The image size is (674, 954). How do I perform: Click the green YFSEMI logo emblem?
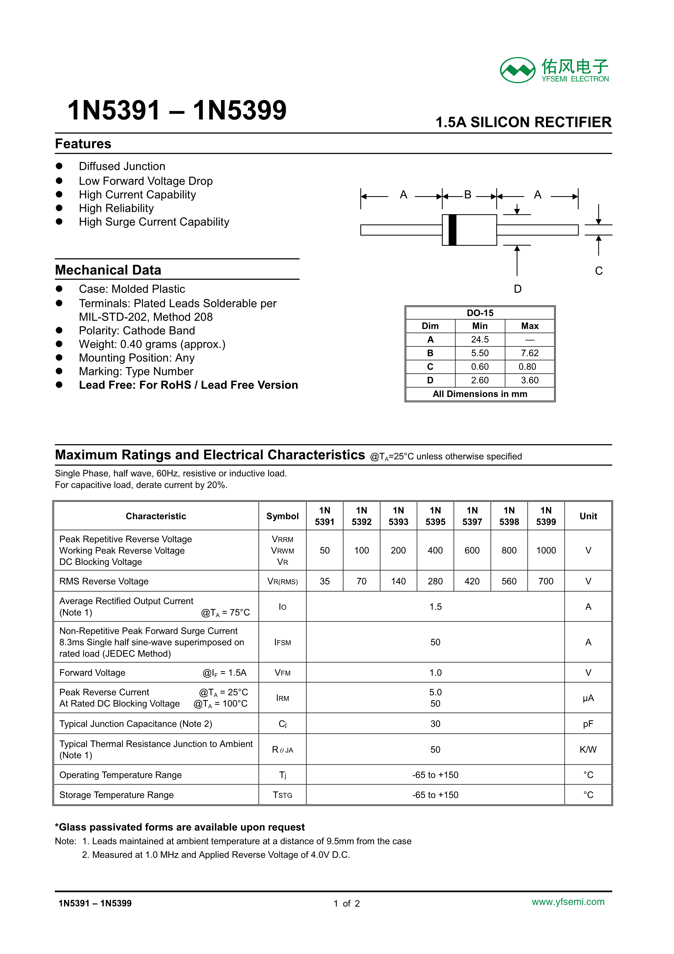pyautogui.click(x=517, y=70)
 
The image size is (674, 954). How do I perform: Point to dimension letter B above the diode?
pyautogui.click(x=468, y=194)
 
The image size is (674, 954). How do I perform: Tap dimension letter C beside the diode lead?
pyautogui.click(x=598, y=271)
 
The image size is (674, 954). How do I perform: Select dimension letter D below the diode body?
pyautogui.click(x=517, y=289)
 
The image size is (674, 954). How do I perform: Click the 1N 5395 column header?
pyautogui.click(x=435, y=516)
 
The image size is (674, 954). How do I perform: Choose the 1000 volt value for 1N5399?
pyautogui.click(x=546, y=550)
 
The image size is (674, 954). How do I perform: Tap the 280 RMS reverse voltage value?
pyautogui.click(x=435, y=581)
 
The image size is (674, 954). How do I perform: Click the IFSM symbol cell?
pyautogui.click(x=282, y=642)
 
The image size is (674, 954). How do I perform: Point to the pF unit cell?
pyautogui.click(x=588, y=724)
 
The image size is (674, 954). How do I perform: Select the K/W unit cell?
pyautogui.click(x=588, y=749)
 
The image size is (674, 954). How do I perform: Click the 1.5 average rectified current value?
pyautogui.click(x=435, y=607)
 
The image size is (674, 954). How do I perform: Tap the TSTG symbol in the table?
pyautogui.click(x=282, y=795)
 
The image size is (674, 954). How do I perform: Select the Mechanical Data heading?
pyautogui.click(x=108, y=270)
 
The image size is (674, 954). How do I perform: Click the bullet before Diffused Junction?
pyautogui.click(x=59, y=166)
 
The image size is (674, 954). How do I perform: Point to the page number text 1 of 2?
pyautogui.click(x=346, y=903)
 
